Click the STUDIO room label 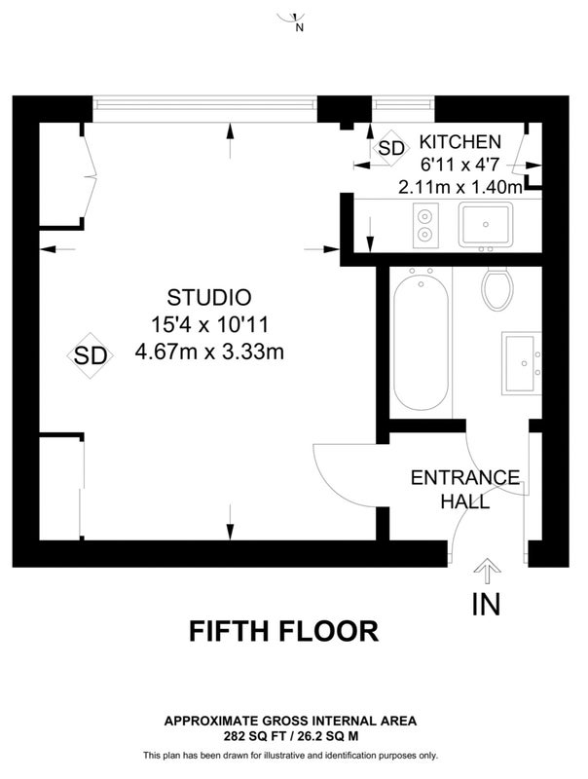point(209,298)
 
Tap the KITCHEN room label point(460,142)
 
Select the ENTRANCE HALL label point(465,490)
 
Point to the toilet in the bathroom point(497,288)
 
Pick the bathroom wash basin point(521,363)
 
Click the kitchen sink point(486,225)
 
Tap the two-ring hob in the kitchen point(425,226)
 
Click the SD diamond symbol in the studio point(91,355)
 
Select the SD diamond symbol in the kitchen point(391,148)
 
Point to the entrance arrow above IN point(487,571)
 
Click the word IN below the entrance point(486,604)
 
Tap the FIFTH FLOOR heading point(284,631)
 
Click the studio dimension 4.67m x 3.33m point(209,352)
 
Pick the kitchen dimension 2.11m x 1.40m point(460,187)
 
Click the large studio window point(204,108)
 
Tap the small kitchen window point(403,104)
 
